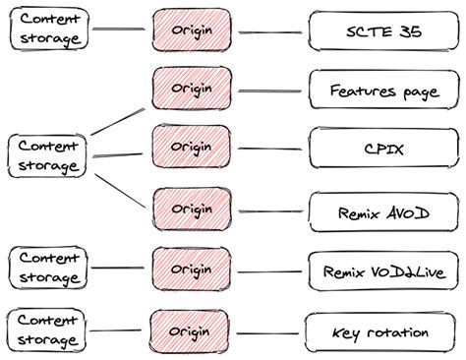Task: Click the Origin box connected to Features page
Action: tap(192, 90)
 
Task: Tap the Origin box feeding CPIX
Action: tap(192, 148)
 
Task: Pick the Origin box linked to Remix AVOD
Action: tap(192, 209)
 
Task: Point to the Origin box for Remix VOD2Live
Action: tap(192, 268)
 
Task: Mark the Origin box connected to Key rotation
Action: tap(192, 329)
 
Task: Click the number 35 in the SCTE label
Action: tap(409, 30)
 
